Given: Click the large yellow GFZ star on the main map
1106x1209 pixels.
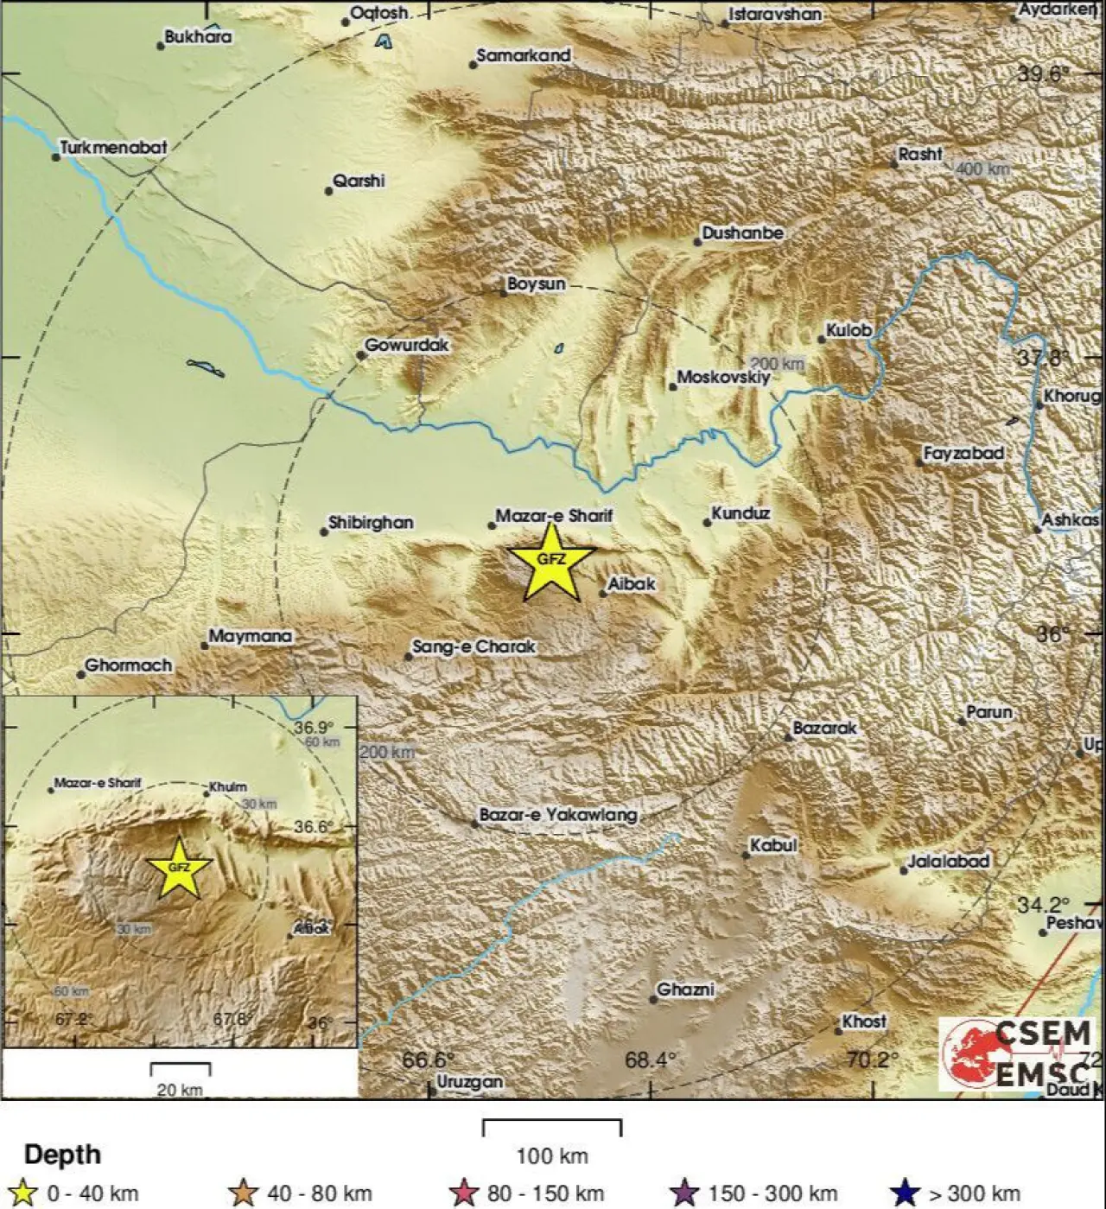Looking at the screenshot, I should point(551,563).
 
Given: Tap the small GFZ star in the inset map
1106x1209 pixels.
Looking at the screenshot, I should point(179,868).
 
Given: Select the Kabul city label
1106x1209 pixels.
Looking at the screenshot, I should point(772,845).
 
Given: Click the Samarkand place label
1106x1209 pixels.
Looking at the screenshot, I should point(523,55).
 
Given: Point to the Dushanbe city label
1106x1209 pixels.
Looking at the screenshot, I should point(742,232).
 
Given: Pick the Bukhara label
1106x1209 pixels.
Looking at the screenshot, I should point(198,36).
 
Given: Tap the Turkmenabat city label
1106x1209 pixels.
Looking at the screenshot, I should point(113,148).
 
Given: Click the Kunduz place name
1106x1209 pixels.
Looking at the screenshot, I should point(740,513).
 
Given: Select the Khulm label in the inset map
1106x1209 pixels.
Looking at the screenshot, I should point(228,786).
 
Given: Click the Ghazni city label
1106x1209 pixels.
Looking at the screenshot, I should point(685,989).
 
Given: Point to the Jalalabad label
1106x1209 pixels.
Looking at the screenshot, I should point(948,861).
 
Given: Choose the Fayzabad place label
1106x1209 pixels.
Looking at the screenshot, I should point(963,453).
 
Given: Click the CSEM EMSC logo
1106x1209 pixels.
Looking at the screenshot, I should point(1018,1053).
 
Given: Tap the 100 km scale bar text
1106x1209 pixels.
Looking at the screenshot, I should point(551,1155).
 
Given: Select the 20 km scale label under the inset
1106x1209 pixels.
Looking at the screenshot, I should point(180,1089).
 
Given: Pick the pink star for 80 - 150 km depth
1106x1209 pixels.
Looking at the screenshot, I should point(464,1193).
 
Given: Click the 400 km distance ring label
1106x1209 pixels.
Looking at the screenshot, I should point(982,169).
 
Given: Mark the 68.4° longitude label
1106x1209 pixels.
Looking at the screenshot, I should point(651,1059).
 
